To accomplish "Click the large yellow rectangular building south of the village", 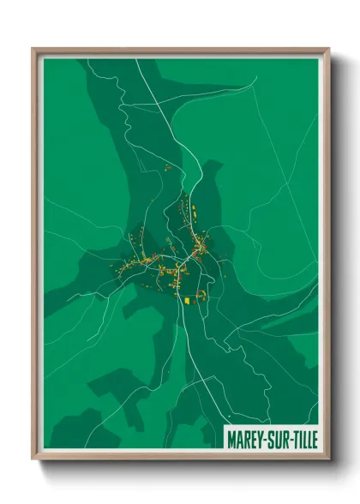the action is tap(189, 299).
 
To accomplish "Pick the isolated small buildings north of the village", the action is tap(168, 167).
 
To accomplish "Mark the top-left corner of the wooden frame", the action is tap(33, 49).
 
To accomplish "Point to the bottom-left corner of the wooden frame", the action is tap(33, 459).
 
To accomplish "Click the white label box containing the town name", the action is tap(270, 437).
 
